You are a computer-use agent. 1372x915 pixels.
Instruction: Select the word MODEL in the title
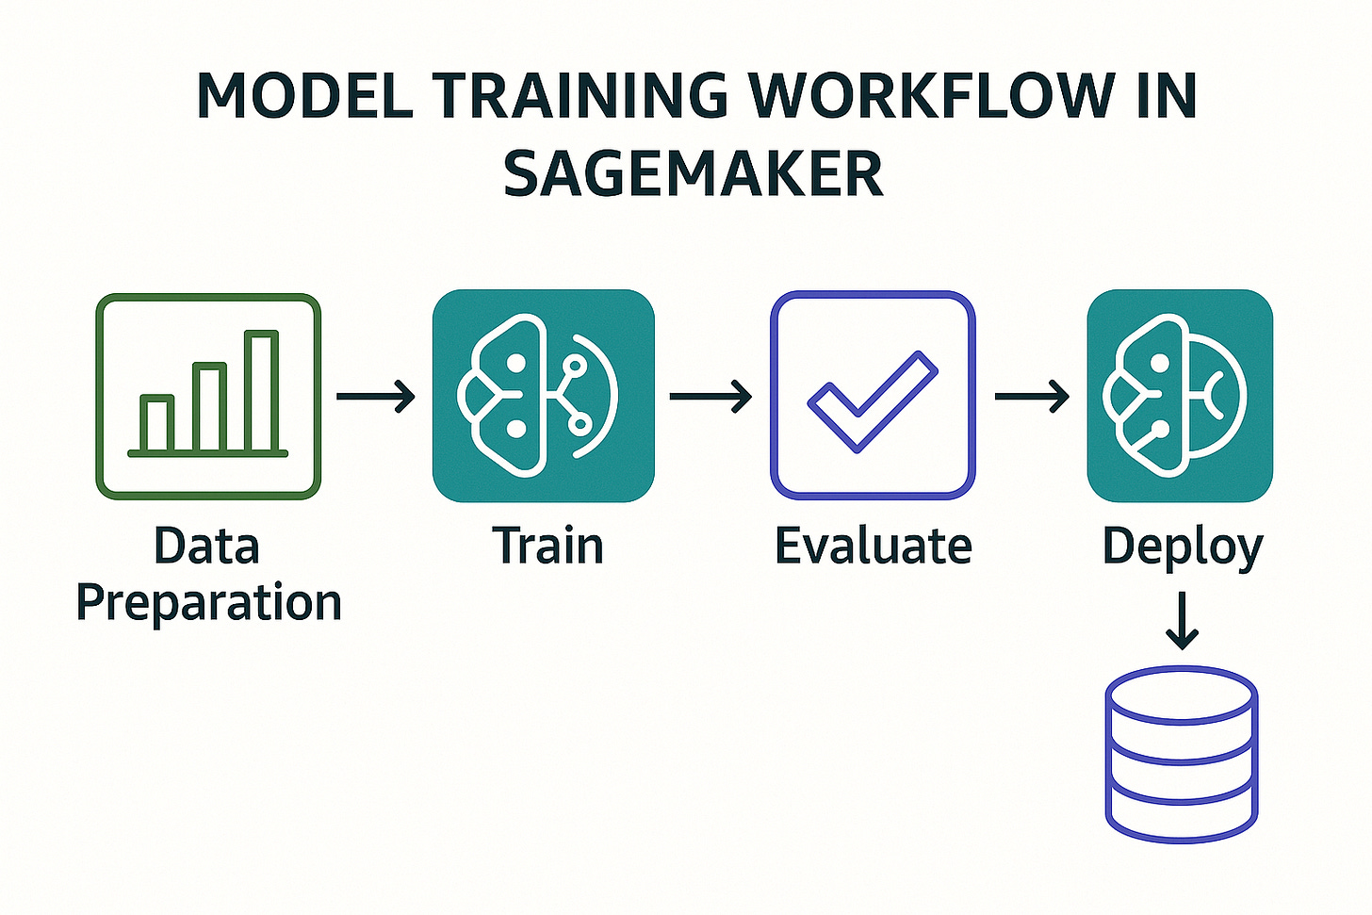tap(304, 95)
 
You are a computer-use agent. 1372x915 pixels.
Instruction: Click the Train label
tap(547, 546)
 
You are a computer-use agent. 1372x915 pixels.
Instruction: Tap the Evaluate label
tap(873, 546)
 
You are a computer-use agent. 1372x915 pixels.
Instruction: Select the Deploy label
tap(1182, 547)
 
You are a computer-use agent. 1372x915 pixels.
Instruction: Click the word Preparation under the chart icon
tap(208, 603)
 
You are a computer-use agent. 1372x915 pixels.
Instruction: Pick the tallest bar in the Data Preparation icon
tap(261, 391)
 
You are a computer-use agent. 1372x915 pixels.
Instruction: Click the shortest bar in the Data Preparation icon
tap(156, 423)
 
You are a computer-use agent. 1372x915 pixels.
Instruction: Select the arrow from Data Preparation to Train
tap(376, 396)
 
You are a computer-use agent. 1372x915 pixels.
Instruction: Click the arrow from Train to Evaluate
tap(710, 396)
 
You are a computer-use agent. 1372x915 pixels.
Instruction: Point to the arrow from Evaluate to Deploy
tap(1032, 396)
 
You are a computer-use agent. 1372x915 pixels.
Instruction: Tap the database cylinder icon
tap(1181, 753)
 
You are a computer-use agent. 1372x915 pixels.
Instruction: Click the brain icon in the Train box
tap(538, 395)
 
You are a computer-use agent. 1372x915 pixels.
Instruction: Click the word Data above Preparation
tap(206, 546)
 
